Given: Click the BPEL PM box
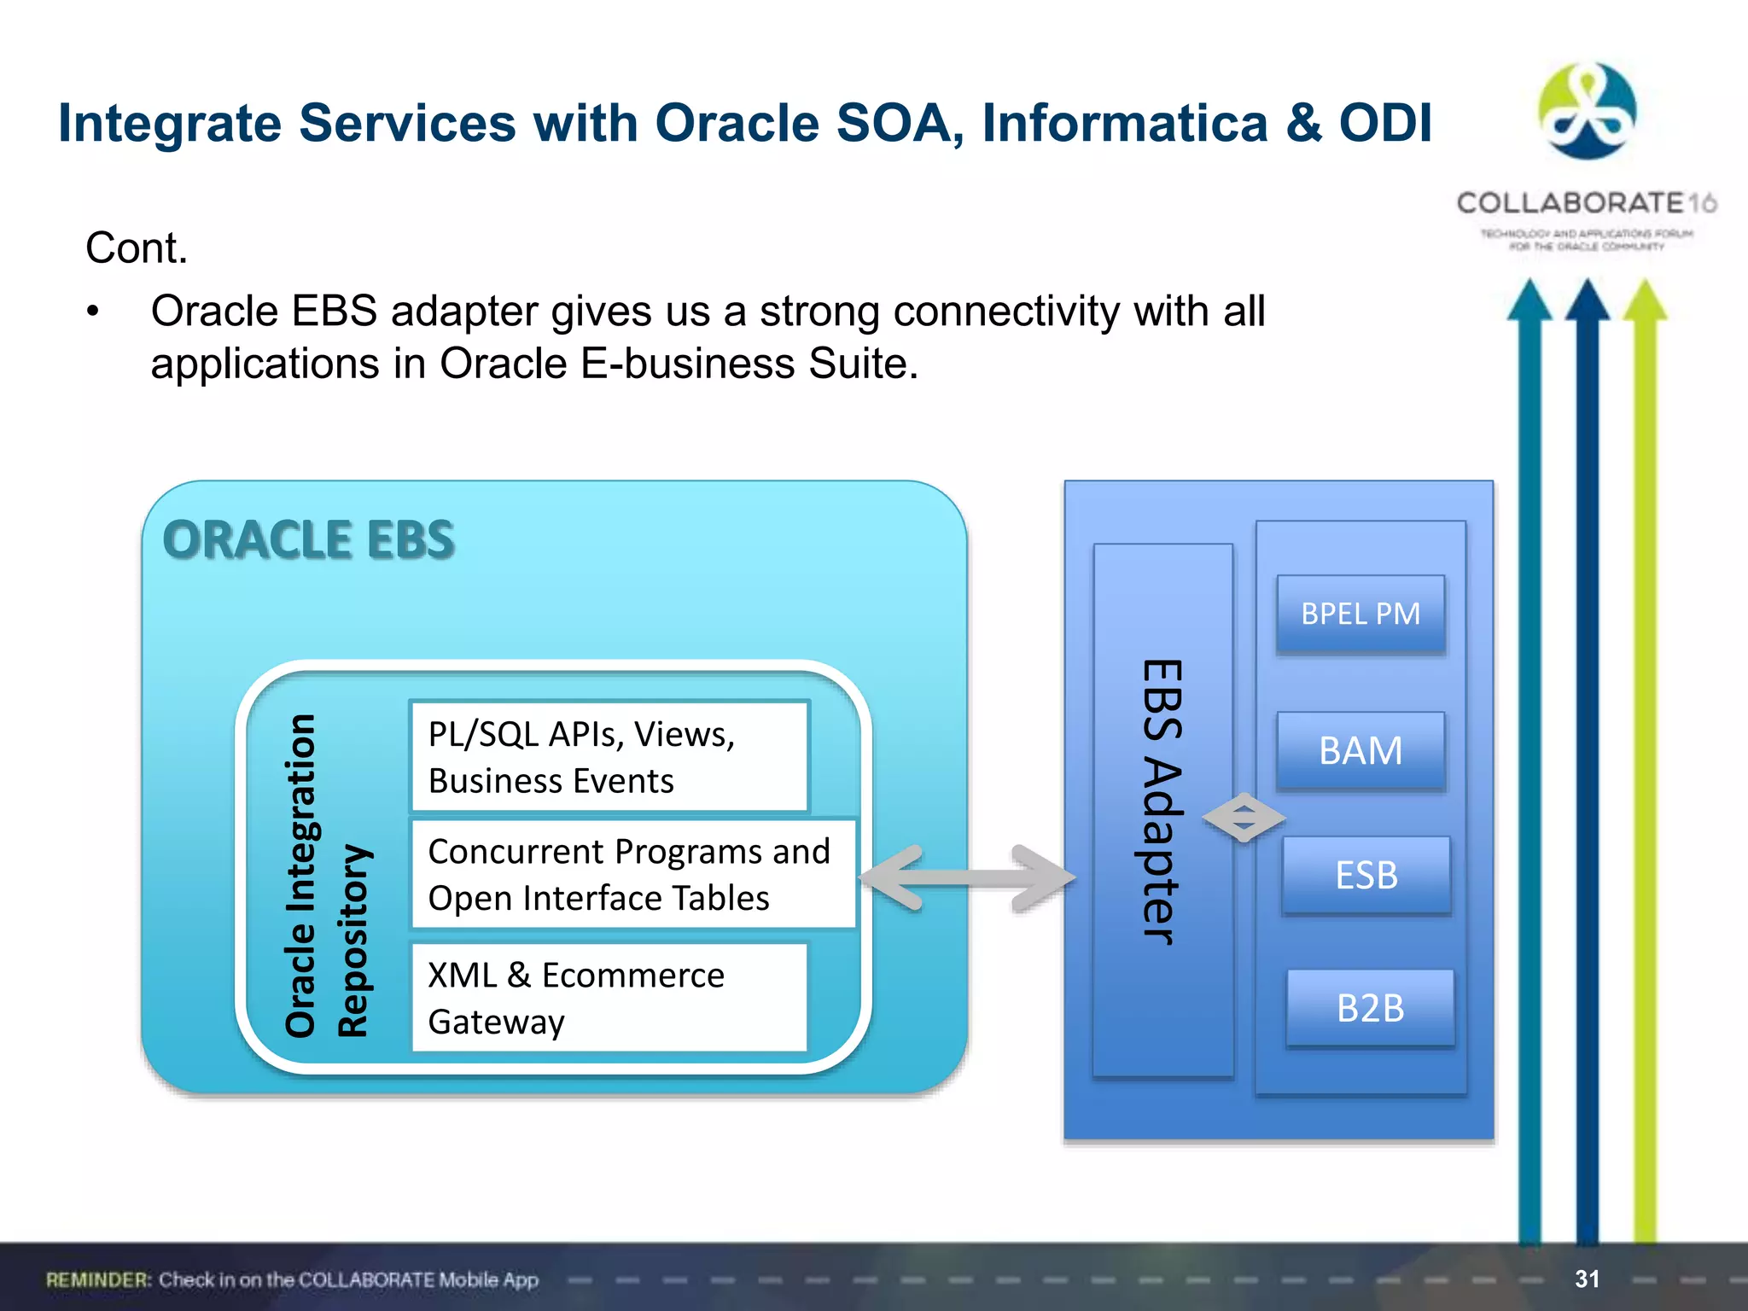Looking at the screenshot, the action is pyautogui.click(x=1360, y=614).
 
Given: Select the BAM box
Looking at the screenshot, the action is pyautogui.click(x=1360, y=751).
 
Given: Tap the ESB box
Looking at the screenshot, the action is pyautogui.click(x=1366, y=876).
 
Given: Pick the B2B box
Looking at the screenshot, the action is pyautogui.click(x=1370, y=1008).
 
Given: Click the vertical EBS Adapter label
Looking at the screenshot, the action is pyautogui.click(x=1162, y=802).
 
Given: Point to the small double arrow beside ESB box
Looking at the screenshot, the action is pyautogui.click(x=1244, y=818).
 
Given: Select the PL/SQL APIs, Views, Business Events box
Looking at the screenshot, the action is pyautogui.click(x=609, y=756).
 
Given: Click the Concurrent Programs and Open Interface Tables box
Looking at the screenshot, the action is pyautogui.click(x=632, y=874).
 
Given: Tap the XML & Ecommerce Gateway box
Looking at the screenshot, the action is pyautogui.click(x=609, y=997).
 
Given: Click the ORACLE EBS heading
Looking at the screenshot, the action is pyautogui.click(x=308, y=540).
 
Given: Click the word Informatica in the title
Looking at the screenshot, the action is pyautogui.click(x=1124, y=123).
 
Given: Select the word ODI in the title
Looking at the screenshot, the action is pyautogui.click(x=1384, y=123).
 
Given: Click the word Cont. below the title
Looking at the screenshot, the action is pyautogui.click(x=137, y=248).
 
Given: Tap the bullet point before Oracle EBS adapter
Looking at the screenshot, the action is pyautogui.click(x=93, y=312).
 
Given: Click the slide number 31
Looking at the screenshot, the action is pyautogui.click(x=1587, y=1279).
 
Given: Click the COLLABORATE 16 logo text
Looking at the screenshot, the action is pyautogui.click(x=1586, y=203).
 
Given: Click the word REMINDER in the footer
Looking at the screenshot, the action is pyautogui.click(x=98, y=1279).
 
